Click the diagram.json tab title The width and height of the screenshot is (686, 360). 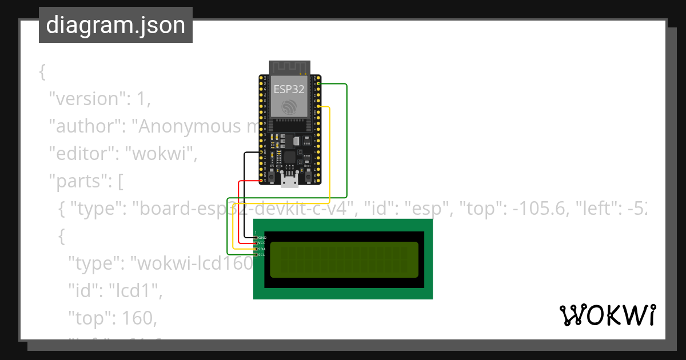(x=115, y=25)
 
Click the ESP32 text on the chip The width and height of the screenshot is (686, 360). (x=289, y=89)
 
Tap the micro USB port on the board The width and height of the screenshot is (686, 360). (x=289, y=181)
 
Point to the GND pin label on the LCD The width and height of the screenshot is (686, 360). (x=262, y=237)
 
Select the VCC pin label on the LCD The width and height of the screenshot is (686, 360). (x=262, y=243)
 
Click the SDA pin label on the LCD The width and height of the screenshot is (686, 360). (x=262, y=249)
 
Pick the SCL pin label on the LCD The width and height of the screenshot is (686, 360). (x=262, y=255)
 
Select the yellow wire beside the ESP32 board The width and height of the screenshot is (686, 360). (x=330, y=154)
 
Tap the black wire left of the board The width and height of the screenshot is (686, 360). (x=244, y=194)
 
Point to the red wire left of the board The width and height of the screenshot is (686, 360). (x=238, y=211)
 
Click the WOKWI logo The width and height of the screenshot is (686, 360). (x=607, y=315)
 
